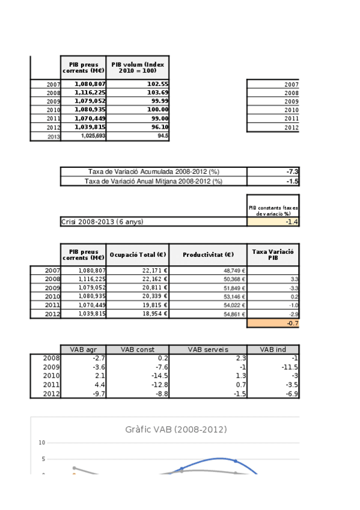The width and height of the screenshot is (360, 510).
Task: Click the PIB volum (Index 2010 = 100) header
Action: point(138,67)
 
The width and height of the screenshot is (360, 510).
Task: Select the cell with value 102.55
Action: point(138,84)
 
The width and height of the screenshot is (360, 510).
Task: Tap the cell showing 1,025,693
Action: point(83,137)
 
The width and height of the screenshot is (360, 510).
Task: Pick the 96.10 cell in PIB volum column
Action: point(138,127)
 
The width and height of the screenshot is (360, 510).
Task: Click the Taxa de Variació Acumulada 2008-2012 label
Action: point(154,172)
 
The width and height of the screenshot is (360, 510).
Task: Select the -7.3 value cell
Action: point(273,172)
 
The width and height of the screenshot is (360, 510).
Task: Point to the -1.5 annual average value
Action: point(273,181)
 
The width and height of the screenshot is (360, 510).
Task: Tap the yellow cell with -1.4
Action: point(273,221)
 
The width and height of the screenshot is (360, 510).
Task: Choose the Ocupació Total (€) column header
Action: point(138,255)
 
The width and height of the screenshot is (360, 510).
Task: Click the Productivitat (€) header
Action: point(208,255)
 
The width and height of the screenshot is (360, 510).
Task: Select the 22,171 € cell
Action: point(138,271)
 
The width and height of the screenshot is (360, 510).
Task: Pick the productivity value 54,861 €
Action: point(208,315)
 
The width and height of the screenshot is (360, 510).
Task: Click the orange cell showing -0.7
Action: point(273,324)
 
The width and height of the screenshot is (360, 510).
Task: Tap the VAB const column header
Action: point(138,349)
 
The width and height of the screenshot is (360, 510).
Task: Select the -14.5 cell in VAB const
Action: point(138,376)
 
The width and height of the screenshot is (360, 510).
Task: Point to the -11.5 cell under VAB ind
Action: point(273,367)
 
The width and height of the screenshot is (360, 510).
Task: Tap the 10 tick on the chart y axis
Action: point(42,443)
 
